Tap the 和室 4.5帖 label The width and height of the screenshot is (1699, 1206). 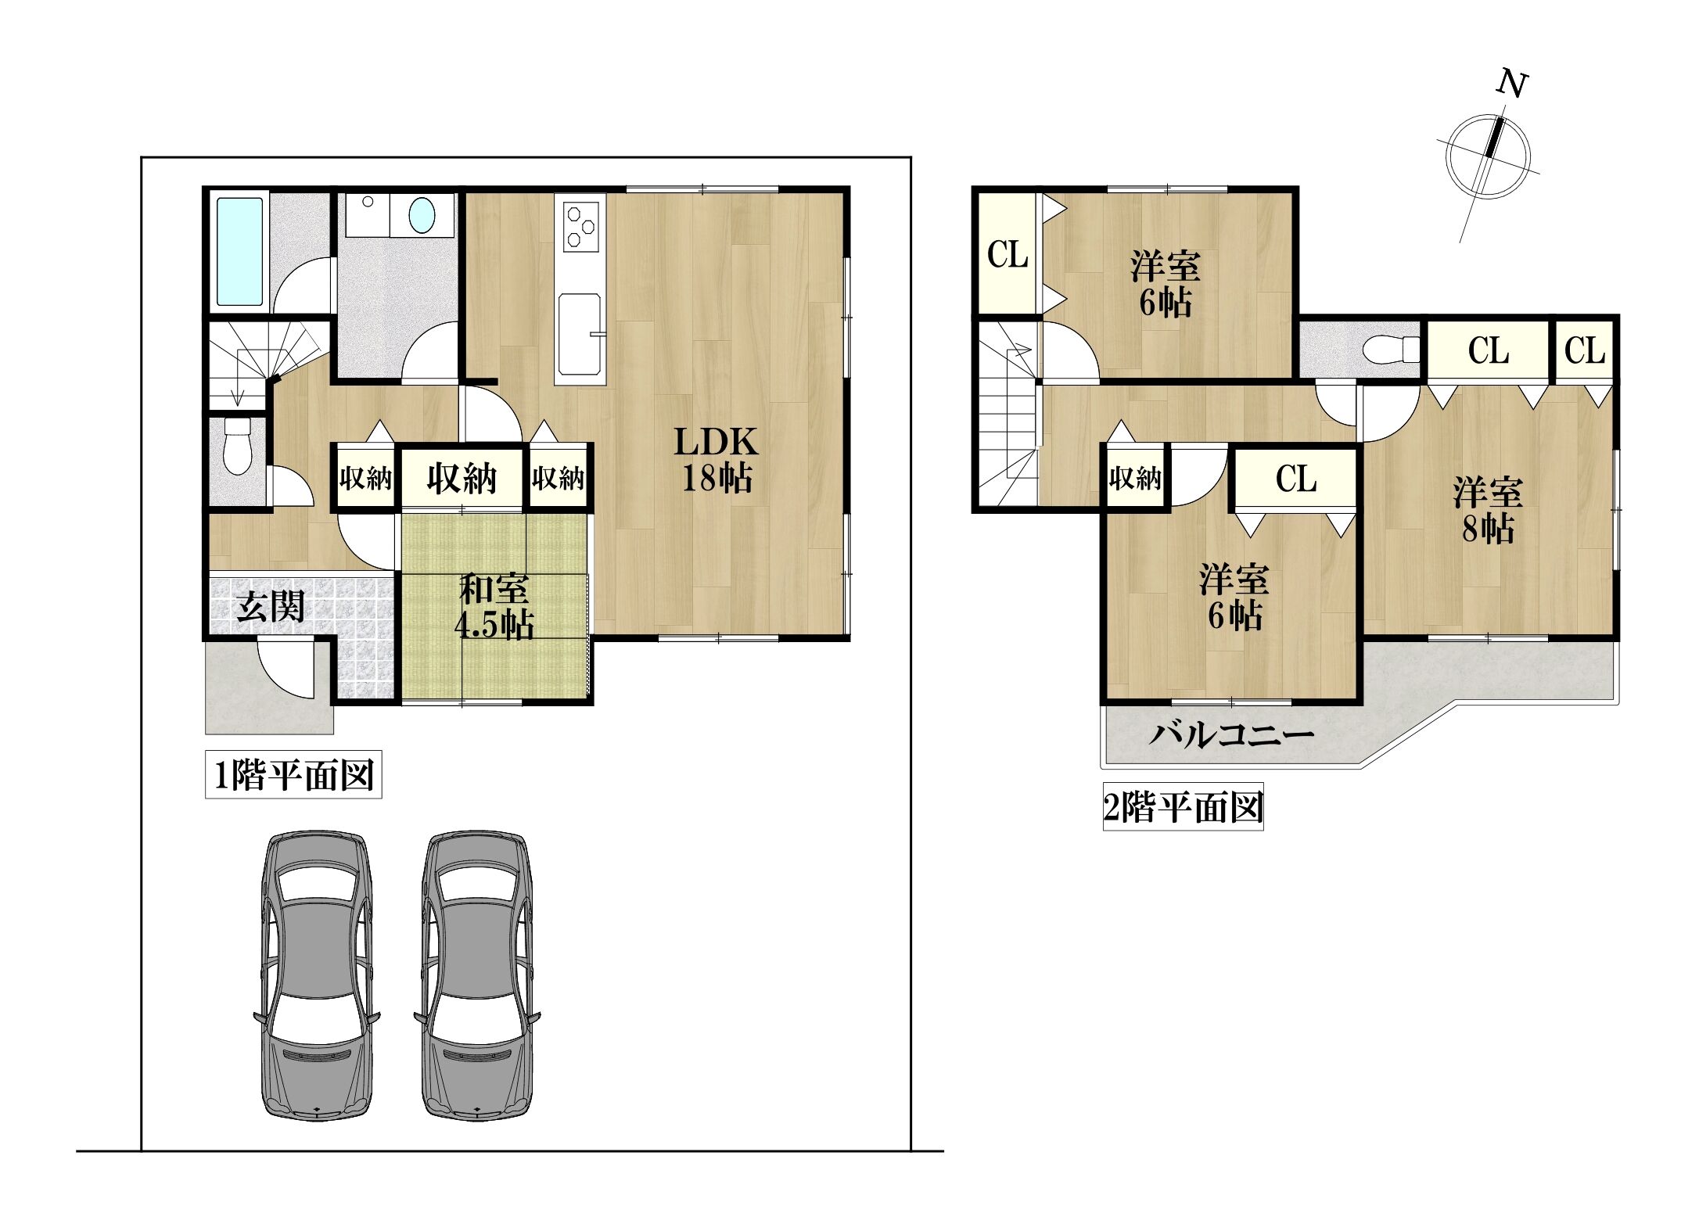(x=494, y=607)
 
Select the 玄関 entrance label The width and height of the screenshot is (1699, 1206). (x=271, y=607)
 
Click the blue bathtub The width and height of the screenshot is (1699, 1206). (x=239, y=251)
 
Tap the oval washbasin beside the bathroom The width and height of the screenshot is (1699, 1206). (x=422, y=214)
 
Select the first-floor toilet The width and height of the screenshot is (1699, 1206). (x=238, y=446)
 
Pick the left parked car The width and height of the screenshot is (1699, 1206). (x=316, y=978)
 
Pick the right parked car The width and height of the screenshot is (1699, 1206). (x=477, y=978)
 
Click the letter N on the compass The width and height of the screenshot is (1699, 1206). (x=1513, y=84)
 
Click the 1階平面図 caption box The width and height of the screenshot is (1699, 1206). (x=293, y=776)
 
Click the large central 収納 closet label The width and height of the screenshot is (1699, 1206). (x=462, y=477)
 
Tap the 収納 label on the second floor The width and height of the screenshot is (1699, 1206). (x=1135, y=477)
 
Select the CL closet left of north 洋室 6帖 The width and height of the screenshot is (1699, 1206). (x=1008, y=254)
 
